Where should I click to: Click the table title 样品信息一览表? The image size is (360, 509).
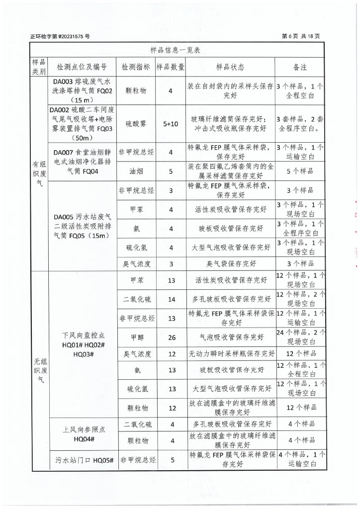176,50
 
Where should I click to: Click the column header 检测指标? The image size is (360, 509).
136,67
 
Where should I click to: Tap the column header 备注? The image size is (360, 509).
300,67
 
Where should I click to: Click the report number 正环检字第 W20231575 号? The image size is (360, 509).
60,36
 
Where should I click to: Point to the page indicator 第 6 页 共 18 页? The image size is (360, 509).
300,36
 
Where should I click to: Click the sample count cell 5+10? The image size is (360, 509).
171,124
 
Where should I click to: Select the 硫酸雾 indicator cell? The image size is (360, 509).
136,124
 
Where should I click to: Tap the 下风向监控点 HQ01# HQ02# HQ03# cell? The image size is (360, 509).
83,343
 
